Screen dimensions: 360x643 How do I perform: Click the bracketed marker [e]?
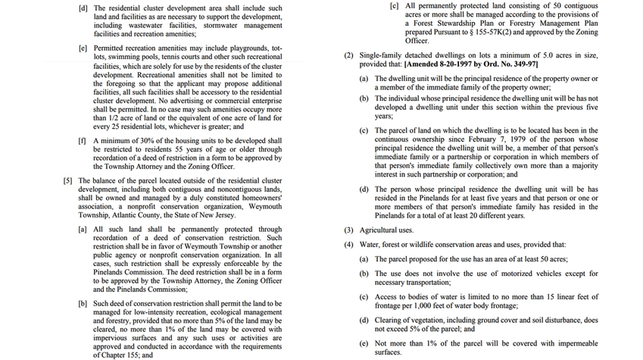pos(83,48)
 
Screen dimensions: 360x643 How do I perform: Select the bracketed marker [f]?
pos(82,141)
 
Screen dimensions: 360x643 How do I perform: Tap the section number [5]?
pos(68,180)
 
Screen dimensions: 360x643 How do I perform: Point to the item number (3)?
pos(348,229)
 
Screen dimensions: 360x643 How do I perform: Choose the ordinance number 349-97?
pos(523,64)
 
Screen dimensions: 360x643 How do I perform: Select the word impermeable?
pos(570,343)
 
